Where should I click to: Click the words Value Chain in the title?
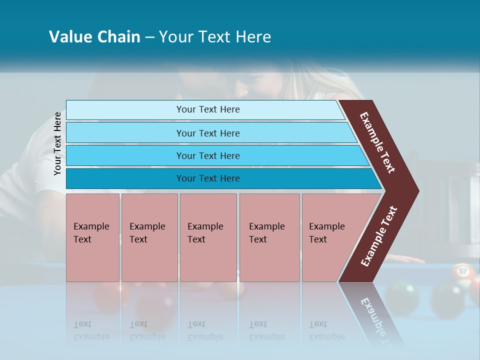click(x=94, y=37)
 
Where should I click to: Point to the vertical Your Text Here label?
click(x=57, y=143)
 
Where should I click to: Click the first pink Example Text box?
click(x=92, y=237)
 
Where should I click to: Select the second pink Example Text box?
click(x=149, y=237)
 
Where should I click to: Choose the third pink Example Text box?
click(x=208, y=237)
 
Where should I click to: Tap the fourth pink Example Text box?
click(x=269, y=237)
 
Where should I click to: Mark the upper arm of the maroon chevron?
click(x=377, y=142)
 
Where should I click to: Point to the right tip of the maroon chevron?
click(x=414, y=191)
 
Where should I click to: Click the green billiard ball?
click(x=402, y=296)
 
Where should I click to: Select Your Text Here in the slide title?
click(x=215, y=37)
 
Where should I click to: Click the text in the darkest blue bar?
click(x=208, y=178)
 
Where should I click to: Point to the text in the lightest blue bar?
click(x=208, y=109)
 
